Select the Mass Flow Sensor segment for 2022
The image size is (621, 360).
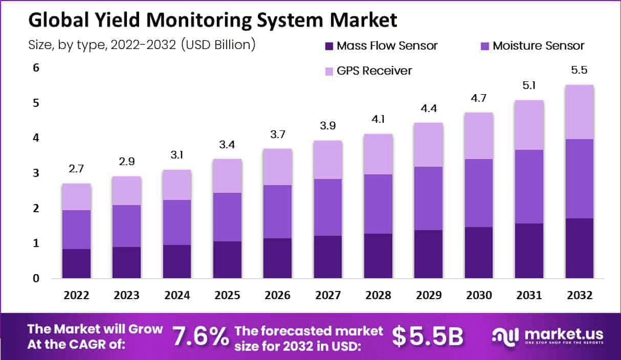[x=77, y=263]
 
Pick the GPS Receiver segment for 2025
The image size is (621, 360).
[x=228, y=176]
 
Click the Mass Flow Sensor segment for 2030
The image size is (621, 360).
[x=479, y=253]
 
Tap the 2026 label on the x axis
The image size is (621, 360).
[x=278, y=296]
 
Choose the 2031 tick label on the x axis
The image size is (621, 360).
[x=529, y=296]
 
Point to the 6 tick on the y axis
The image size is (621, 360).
[x=35, y=68]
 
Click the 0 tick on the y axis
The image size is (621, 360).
[x=35, y=279]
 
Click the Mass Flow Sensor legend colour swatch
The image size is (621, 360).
[x=328, y=46]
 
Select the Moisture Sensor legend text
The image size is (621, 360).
[x=538, y=46]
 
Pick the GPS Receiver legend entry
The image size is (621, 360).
[x=374, y=71]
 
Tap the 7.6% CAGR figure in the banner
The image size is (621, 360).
[x=200, y=336]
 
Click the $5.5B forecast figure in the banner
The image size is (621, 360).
[x=427, y=336]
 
